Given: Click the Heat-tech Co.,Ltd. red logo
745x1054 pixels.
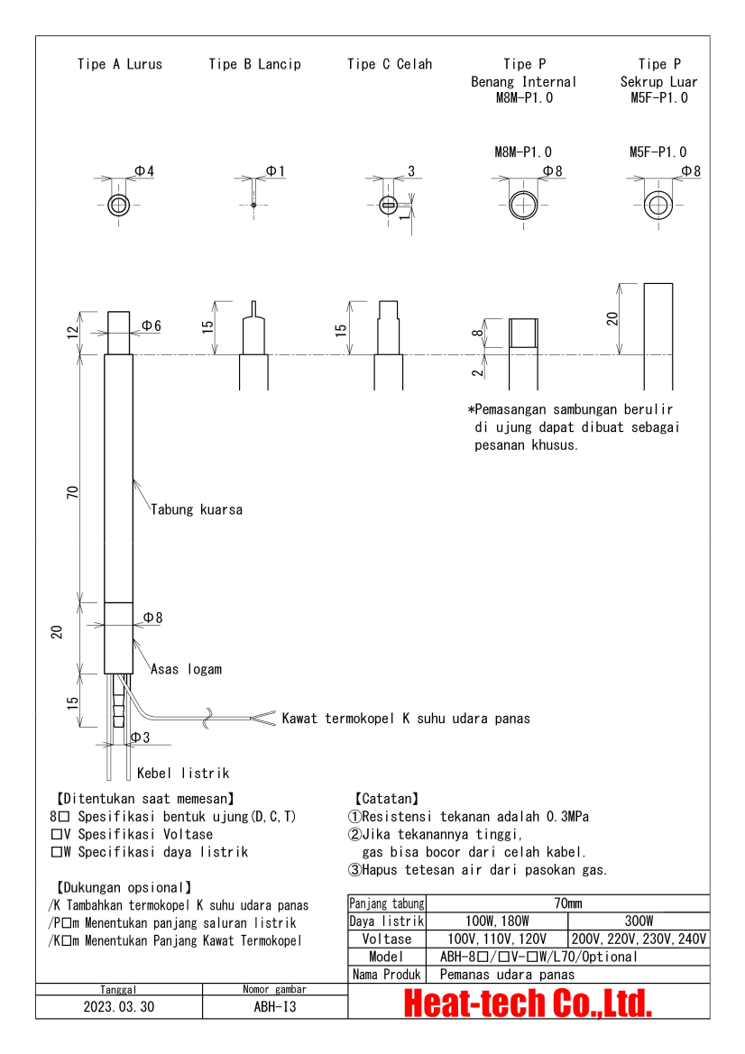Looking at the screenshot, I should [528, 1003].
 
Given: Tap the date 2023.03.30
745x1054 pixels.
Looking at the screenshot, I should [119, 1007].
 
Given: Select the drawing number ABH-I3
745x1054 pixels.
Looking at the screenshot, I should [275, 1007].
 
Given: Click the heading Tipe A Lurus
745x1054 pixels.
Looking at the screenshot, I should [120, 64].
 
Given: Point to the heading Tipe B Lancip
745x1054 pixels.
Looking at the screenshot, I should [254, 64].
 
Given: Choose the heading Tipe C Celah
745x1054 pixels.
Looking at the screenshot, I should [390, 64].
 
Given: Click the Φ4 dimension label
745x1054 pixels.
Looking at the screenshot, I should [144, 171].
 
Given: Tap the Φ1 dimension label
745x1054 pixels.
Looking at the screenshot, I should [275, 171].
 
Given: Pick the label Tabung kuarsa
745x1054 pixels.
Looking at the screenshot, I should [196, 509].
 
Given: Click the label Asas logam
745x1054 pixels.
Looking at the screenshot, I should [186, 669].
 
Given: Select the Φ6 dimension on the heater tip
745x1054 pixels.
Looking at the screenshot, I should [152, 325].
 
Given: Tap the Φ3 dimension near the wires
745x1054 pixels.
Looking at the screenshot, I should [140, 738].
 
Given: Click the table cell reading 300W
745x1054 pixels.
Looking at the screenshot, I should [638, 921].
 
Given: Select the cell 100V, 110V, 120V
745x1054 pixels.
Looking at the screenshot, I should [496, 939].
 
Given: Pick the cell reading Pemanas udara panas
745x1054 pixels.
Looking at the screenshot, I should [507, 974].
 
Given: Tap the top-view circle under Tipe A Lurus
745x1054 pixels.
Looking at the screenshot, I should [119, 206].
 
